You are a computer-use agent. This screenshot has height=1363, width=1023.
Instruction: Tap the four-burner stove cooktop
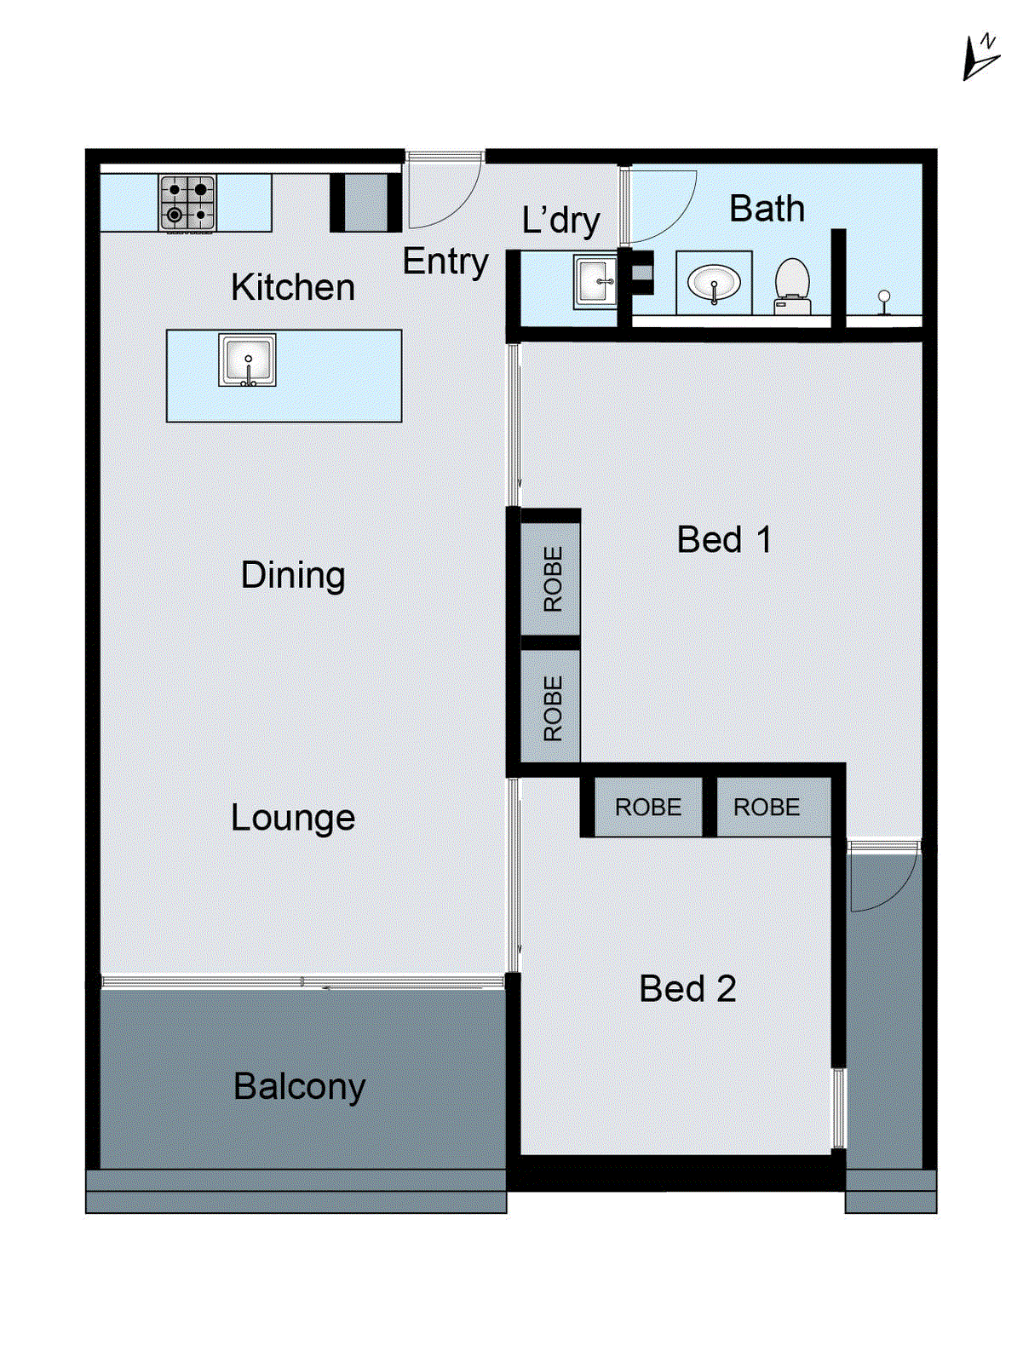(187, 203)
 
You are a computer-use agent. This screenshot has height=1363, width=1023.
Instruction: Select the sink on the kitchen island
(247, 360)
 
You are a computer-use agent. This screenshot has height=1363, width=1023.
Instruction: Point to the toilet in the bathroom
(793, 286)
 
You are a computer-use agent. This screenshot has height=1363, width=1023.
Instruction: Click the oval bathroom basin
(714, 284)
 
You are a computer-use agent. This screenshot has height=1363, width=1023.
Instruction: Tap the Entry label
(445, 262)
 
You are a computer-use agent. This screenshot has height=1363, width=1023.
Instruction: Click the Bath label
(767, 209)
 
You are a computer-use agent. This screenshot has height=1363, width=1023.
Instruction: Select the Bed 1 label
(724, 539)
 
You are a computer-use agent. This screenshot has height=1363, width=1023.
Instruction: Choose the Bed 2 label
(687, 988)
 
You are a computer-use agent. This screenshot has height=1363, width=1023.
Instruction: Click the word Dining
(293, 576)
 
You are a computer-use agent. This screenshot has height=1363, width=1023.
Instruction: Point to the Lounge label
(293, 819)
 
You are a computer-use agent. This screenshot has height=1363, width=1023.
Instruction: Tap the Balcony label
(300, 1087)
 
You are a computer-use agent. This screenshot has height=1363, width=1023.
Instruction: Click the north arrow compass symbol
(980, 59)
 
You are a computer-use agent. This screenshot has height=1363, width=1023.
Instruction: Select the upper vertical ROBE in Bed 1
(553, 578)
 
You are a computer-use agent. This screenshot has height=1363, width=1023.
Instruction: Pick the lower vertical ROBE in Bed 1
(553, 708)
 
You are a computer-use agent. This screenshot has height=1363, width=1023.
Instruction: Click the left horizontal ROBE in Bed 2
(648, 808)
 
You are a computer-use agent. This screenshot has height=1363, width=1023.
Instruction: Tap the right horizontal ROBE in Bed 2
(767, 808)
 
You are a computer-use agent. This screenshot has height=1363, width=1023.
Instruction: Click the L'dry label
(561, 221)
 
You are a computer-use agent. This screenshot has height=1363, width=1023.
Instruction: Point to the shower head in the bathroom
(884, 301)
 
